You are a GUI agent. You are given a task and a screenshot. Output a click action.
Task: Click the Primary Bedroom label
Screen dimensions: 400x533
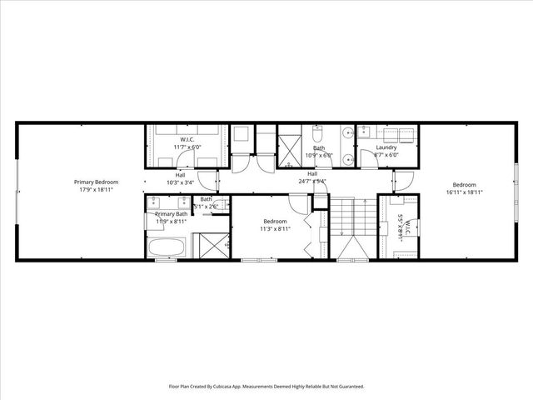96,182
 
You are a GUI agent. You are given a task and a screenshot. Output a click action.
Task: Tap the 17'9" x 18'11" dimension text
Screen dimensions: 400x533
96,189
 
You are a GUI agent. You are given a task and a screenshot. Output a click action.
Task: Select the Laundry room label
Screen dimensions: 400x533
386,147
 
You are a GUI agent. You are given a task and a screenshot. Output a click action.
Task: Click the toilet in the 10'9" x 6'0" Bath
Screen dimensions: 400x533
317,132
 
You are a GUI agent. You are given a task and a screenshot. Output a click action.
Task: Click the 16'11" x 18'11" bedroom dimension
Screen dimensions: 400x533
464,192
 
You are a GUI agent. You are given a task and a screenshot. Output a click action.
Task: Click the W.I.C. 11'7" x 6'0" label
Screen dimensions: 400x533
187,143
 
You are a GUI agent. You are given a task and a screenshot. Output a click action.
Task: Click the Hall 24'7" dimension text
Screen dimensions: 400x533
312,180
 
